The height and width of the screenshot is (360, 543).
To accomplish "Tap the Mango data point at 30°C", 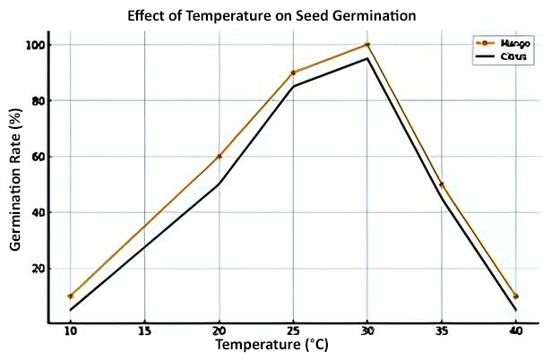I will pos(367,45).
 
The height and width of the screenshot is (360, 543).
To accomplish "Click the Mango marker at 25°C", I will pos(293,73).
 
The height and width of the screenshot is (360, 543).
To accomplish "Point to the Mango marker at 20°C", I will pos(219,157).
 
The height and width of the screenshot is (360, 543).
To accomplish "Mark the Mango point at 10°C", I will pos(70,296).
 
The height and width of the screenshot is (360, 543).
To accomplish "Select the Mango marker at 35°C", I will pos(441,184).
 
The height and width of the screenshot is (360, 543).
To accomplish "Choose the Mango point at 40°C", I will pos(515,296).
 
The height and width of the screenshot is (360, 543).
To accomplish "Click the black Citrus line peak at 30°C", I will pos(367,59).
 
